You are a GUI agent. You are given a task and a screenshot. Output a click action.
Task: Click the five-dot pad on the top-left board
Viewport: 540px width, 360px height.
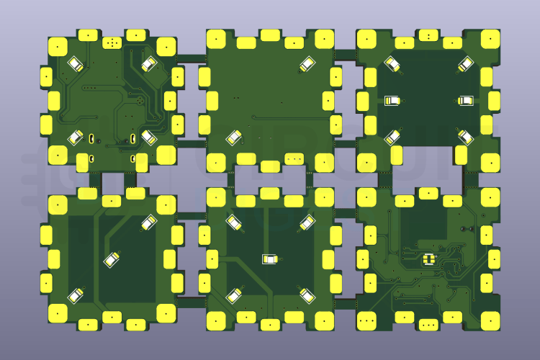point(112,43)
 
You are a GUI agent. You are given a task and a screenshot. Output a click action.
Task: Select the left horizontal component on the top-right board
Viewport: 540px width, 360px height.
point(393,101)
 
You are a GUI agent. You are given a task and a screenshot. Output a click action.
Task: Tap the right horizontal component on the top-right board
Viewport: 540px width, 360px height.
point(466,101)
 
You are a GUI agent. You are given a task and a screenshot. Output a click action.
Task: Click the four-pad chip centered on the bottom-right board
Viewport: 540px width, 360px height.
point(430,258)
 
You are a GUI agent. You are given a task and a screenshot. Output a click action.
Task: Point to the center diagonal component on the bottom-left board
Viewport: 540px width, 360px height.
point(112,258)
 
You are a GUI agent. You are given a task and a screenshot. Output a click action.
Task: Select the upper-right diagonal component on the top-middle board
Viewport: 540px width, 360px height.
point(307,64)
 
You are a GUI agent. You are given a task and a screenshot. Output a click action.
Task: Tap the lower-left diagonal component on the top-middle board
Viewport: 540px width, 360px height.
point(233,137)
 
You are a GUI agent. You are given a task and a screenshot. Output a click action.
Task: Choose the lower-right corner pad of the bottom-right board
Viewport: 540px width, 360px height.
point(490,320)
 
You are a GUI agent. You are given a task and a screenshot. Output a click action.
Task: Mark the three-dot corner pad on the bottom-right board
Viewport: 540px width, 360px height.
point(367,320)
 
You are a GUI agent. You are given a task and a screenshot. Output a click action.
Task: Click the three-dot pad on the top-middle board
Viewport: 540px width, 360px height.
point(294,158)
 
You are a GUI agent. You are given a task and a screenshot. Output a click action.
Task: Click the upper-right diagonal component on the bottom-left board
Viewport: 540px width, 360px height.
point(149,222)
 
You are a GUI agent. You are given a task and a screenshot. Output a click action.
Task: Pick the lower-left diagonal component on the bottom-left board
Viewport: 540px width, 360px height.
point(76,294)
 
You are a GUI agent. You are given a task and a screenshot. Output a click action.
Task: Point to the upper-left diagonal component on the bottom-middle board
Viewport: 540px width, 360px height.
point(233,222)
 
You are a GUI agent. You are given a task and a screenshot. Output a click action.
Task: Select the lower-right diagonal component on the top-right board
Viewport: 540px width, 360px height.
point(466,137)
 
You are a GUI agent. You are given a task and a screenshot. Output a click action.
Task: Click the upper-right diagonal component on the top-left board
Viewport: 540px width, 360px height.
point(148,64)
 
